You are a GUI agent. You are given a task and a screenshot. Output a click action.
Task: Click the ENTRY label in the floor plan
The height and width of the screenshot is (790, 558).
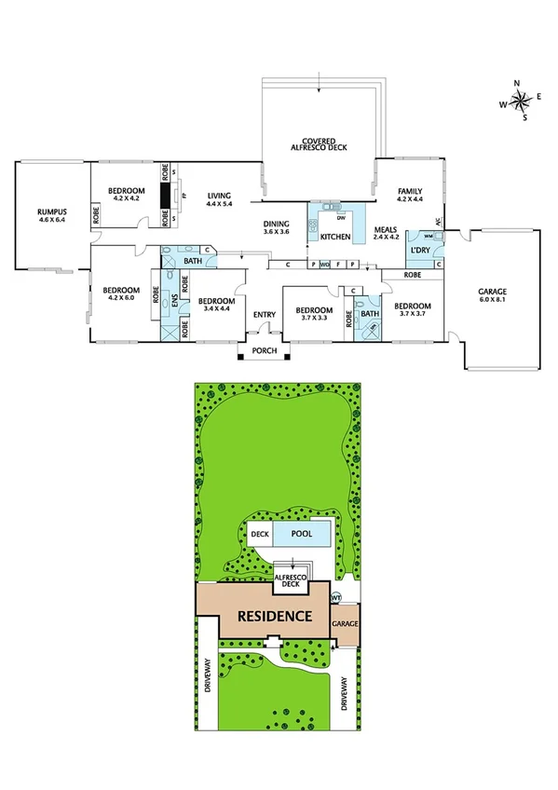(264, 314)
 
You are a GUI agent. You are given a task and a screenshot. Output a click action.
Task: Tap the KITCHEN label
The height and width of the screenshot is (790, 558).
(334, 238)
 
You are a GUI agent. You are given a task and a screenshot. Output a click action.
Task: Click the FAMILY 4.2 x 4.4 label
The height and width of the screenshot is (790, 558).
(410, 194)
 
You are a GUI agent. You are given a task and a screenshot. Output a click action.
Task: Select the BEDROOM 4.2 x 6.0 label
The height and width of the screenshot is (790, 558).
(119, 293)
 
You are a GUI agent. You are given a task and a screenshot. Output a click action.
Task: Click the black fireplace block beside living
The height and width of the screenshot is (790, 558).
(166, 197)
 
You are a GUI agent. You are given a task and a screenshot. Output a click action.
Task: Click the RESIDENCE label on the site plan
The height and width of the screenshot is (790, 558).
(273, 616)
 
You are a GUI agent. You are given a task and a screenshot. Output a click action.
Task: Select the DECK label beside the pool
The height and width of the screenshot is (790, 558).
(261, 535)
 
